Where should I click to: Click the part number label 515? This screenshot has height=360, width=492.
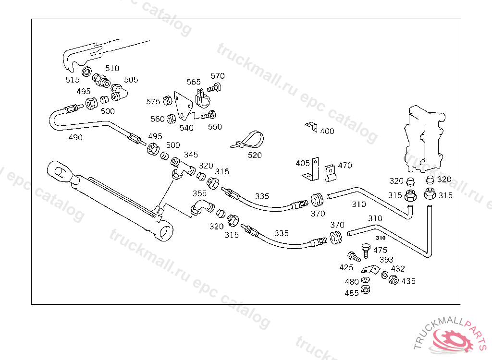click(x=73, y=80)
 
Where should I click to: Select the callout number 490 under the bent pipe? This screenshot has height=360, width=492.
click(x=75, y=137)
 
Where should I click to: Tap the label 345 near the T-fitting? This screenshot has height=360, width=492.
click(x=191, y=155)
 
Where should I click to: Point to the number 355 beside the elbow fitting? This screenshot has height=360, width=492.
click(x=199, y=194)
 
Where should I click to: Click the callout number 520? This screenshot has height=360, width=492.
click(x=255, y=155)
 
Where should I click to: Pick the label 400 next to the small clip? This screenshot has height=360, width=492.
click(x=327, y=131)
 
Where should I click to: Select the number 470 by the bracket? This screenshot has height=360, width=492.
click(x=344, y=166)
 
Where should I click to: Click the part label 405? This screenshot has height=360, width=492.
click(x=303, y=163)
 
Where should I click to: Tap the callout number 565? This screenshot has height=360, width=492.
click(x=194, y=82)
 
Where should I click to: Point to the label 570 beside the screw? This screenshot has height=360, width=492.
click(x=218, y=76)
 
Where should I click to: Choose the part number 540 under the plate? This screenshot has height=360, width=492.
click(x=186, y=128)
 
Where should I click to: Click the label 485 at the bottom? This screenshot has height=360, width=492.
click(x=352, y=293)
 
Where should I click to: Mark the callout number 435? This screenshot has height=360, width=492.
click(x=408, y=281)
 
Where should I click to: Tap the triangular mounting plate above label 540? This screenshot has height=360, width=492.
click(x=183, y=106)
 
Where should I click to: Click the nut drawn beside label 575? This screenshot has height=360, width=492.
click(x=168, y=101)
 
